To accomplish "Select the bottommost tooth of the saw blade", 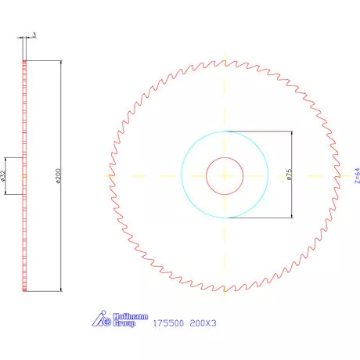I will (225, 291).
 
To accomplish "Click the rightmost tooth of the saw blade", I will (341, 175).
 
